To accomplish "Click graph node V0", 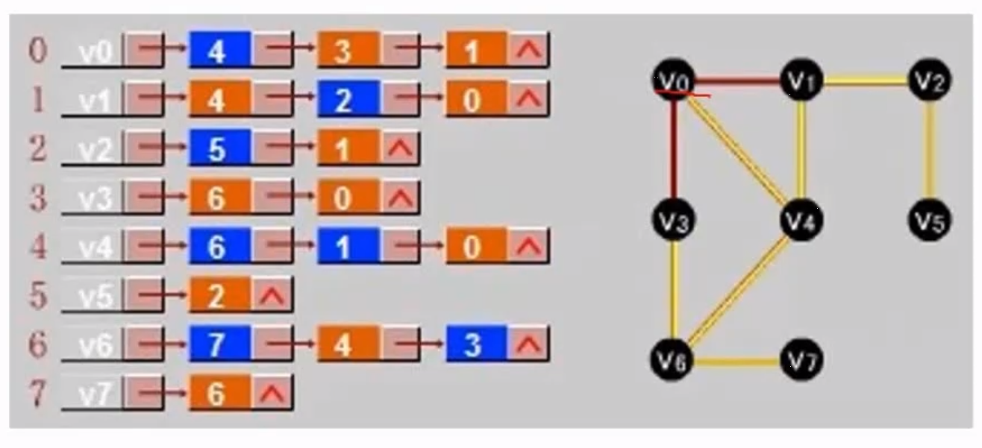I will pos(674,81).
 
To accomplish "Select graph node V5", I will pos(930,221).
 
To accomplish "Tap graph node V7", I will pos(801,362).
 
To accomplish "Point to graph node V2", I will pos(930,81).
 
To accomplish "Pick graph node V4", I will pos(801,221).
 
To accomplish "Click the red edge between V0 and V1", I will pos(737,80).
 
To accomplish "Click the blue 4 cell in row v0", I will pos(219,51).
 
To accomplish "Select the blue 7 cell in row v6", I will pos(219,344).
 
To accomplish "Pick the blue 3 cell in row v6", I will pos(475,344).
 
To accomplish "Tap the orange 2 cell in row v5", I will pos(219,296).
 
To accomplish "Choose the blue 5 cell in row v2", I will pos(219,149).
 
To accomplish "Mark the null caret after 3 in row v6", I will pos(528,344).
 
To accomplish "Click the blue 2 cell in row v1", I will pos(346,100).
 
